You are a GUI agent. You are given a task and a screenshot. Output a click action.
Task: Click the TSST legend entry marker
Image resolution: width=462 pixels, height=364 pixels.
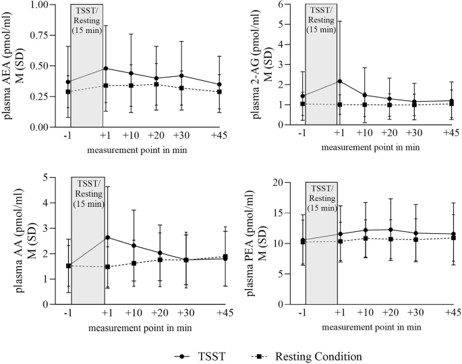[x=181, y=354]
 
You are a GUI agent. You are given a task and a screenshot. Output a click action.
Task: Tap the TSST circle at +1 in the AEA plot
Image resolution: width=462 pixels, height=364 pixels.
[x=104, y=68]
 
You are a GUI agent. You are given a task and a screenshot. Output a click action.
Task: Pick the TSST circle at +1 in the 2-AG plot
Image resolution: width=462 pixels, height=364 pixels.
[x=339, y=81]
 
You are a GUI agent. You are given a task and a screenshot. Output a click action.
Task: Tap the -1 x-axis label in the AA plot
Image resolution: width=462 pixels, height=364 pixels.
[x=67, y=314]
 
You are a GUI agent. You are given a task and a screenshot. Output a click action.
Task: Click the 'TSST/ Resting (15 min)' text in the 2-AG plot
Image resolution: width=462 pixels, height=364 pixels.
[x=321, y=20]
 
